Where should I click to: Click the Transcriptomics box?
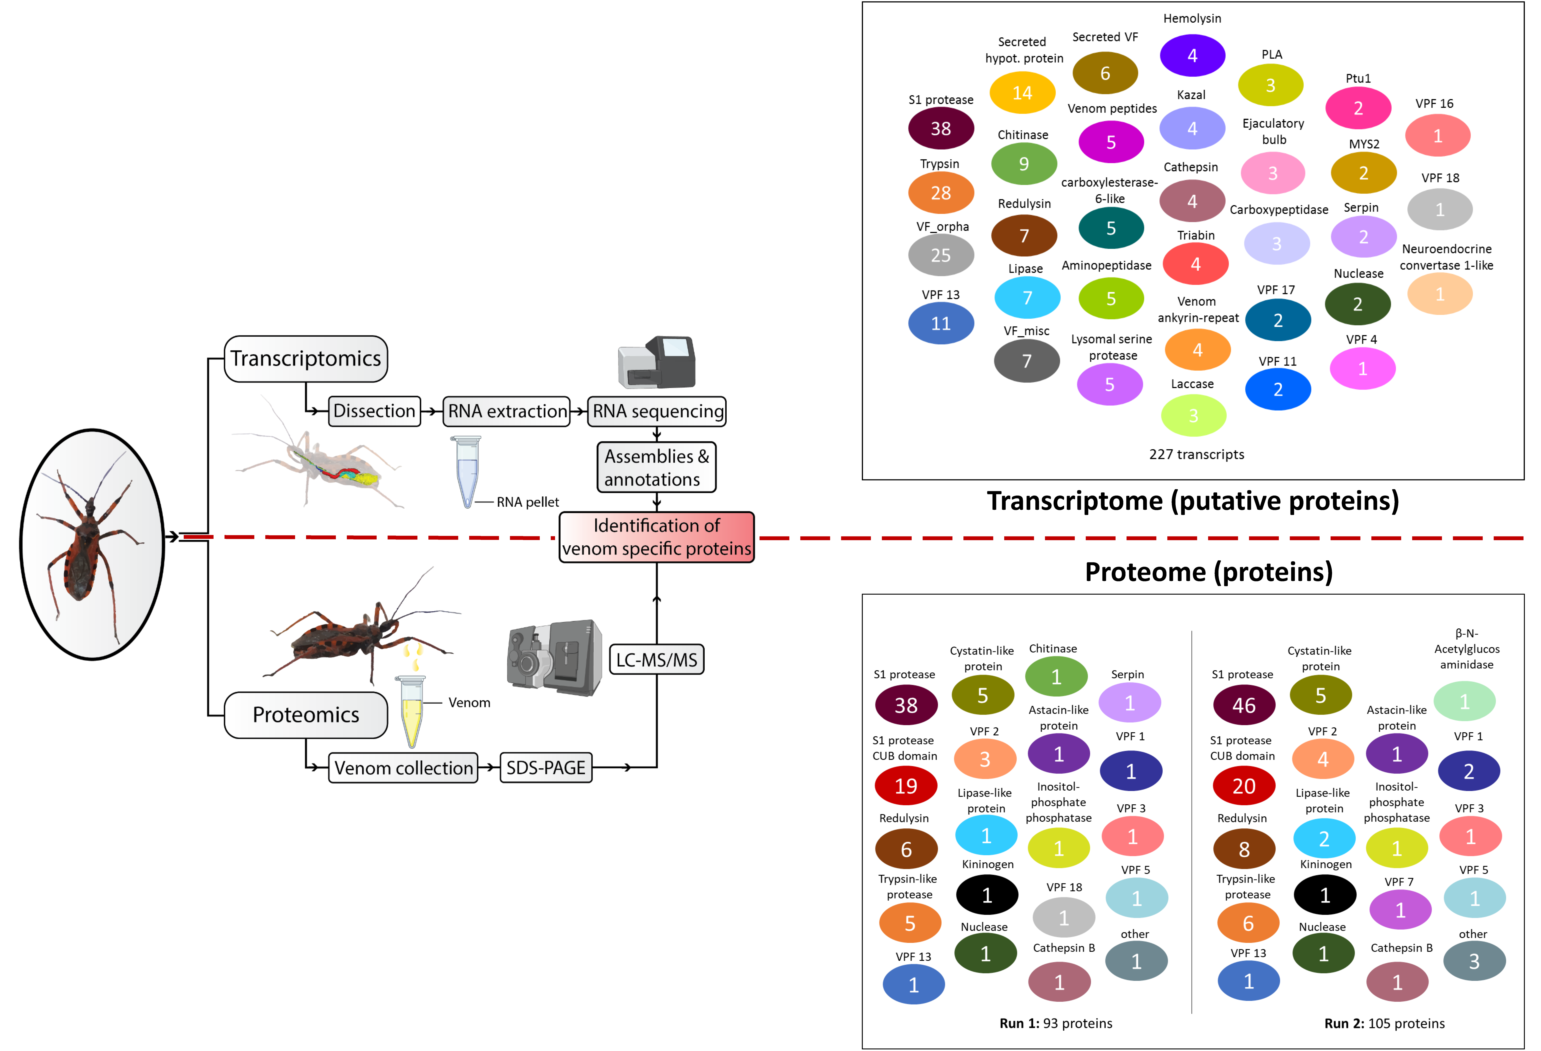pyautogui.click(x=306, y=359)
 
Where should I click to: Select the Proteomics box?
pyautogui.click(x=306, y=715)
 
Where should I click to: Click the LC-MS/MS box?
pyautogui.click(x=656, y=660)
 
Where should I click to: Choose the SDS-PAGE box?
pyautogui.click(x=546, y=768)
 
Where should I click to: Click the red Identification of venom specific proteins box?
pyautogui.click(x=656, y=537)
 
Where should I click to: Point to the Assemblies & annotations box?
pyautogui.click(x=656, y=467)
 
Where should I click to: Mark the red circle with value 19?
pyautogui.click(x=906, y=786)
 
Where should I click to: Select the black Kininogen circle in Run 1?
pyautogui.click(x=987, y=895)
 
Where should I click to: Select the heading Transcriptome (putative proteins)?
pyautogui.click(x=1192, y=501)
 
